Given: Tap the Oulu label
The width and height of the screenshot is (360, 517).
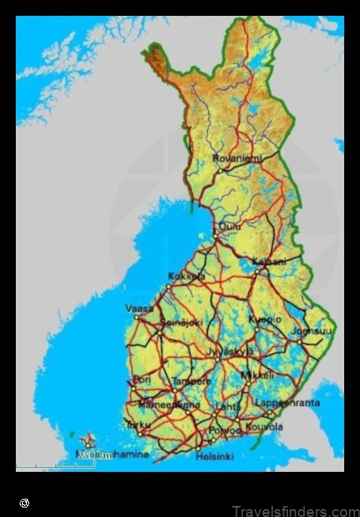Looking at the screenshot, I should pyautogui.click(x=230, y=226).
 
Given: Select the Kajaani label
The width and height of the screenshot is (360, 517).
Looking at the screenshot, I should pyautogui.click(x=268, y=261).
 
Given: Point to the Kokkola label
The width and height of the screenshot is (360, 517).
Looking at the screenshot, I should pyautogui.click(x=187, y=276).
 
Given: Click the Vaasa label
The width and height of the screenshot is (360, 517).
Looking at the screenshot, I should pyautogui.click(x=139, y=308).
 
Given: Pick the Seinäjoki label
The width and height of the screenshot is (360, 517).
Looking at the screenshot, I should pyautogui.click(x=182, y=323).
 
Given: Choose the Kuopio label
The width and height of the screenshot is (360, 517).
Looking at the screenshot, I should pyautogui.click(x=264, y=319).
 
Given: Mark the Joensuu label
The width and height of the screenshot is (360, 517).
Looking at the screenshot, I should pyautogui.click(x=310, y=332).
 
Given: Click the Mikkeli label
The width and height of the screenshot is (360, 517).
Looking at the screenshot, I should pyautogui.click(x=260, y=374).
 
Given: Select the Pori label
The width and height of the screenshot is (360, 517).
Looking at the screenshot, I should pyautogui.click(x=143, y=380).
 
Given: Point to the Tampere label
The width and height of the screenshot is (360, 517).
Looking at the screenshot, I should pyautogui.click(x=191, y=382).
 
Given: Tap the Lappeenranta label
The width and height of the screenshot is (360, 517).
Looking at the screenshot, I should pyautogui.click(x=287, y=403).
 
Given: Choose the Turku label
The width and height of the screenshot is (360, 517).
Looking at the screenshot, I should pyautogui.click(x=138, y=425).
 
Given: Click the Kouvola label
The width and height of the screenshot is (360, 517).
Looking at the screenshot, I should pyautogui.click(x=263, y=427).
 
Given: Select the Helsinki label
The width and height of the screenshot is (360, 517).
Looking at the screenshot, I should pyautogui.click(x=214, y=457).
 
